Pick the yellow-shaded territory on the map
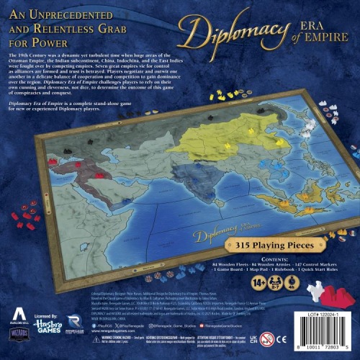click(212, 122)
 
